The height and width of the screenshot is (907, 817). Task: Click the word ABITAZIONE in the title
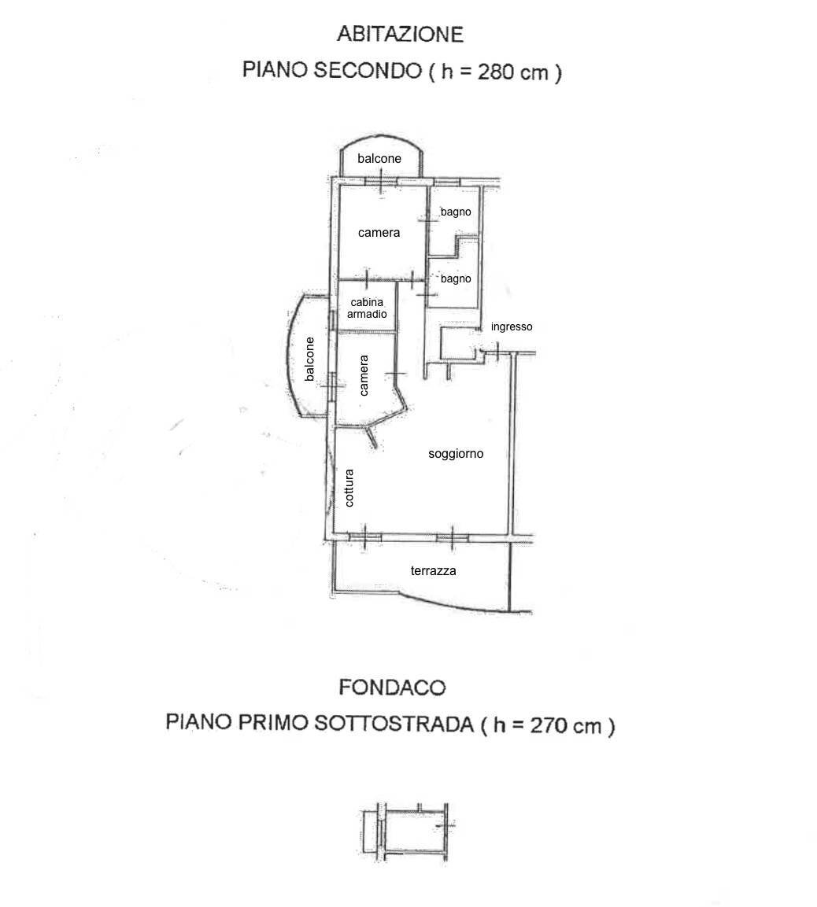[x=401, y=34]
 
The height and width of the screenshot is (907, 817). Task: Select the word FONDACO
[x=392, y=688]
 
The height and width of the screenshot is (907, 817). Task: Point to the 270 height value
[x=548, y=724]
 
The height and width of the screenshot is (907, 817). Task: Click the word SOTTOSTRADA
[x=394, y=723]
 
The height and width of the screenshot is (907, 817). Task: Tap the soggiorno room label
[x=456, y=453]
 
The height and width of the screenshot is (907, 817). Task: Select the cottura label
[x=349, y=488]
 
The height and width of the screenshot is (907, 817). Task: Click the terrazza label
[x=434, y=571]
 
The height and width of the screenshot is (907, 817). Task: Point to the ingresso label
[x=512, y=326]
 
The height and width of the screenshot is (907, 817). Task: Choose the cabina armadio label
[x=367, y=308]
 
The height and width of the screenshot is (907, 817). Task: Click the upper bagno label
[x=456, y=212]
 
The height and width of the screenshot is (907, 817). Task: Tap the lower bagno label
[x=456, y=278]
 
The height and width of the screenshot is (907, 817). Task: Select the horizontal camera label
[x=379, y=233]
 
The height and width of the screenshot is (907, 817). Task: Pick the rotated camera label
[x=364, y=375]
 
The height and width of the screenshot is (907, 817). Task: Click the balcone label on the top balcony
[x=379, y=158]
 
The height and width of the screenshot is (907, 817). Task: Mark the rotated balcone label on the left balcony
[x=309, y=359]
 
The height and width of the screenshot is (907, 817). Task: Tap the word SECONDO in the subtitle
[x=368, y=70]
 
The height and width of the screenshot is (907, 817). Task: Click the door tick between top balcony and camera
[x=381, y=182]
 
